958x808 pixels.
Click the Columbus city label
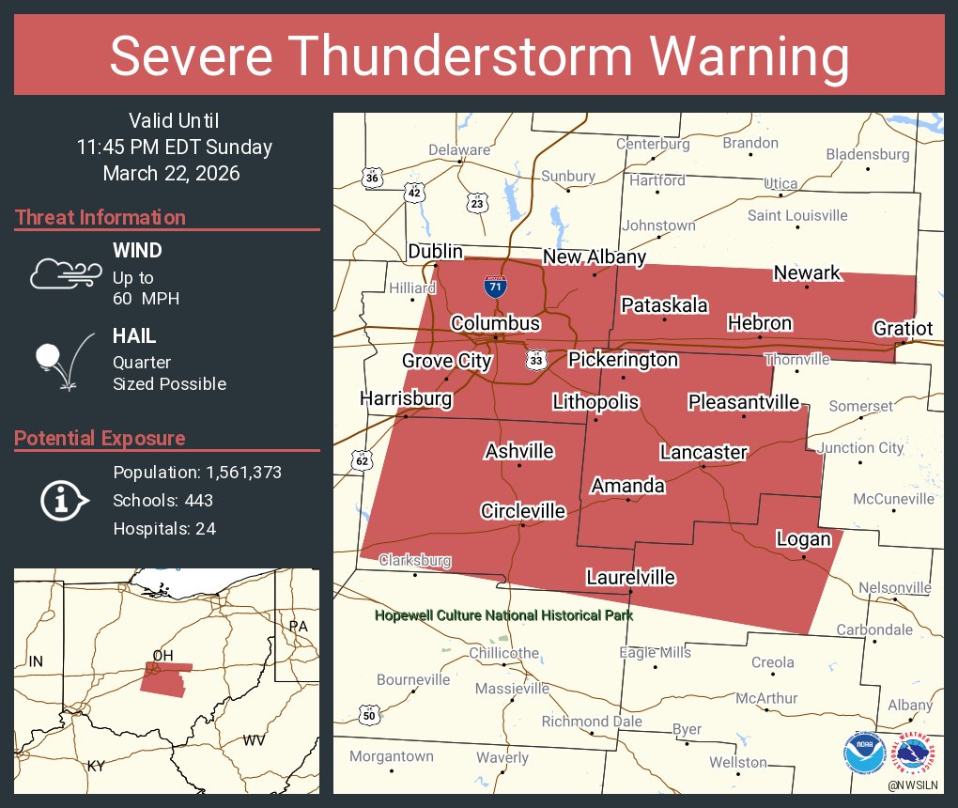pos(495,323)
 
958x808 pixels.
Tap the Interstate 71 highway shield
pos(496,286)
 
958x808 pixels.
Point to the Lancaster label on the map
pos(703,452)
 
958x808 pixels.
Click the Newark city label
pos(807,272)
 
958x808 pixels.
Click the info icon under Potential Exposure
pos(63,500)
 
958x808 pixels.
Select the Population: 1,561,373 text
pos(197,472)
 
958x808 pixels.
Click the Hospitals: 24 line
pos(164,528)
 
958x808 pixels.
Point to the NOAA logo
pos(864,753)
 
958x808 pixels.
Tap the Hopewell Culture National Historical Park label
pos(503,615)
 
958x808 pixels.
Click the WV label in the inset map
pos(254,740)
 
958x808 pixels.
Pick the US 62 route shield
pos(363,460)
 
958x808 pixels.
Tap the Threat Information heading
pos(100,217)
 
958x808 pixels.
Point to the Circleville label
pos(523,511)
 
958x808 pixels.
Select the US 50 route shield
pos(370,716)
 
